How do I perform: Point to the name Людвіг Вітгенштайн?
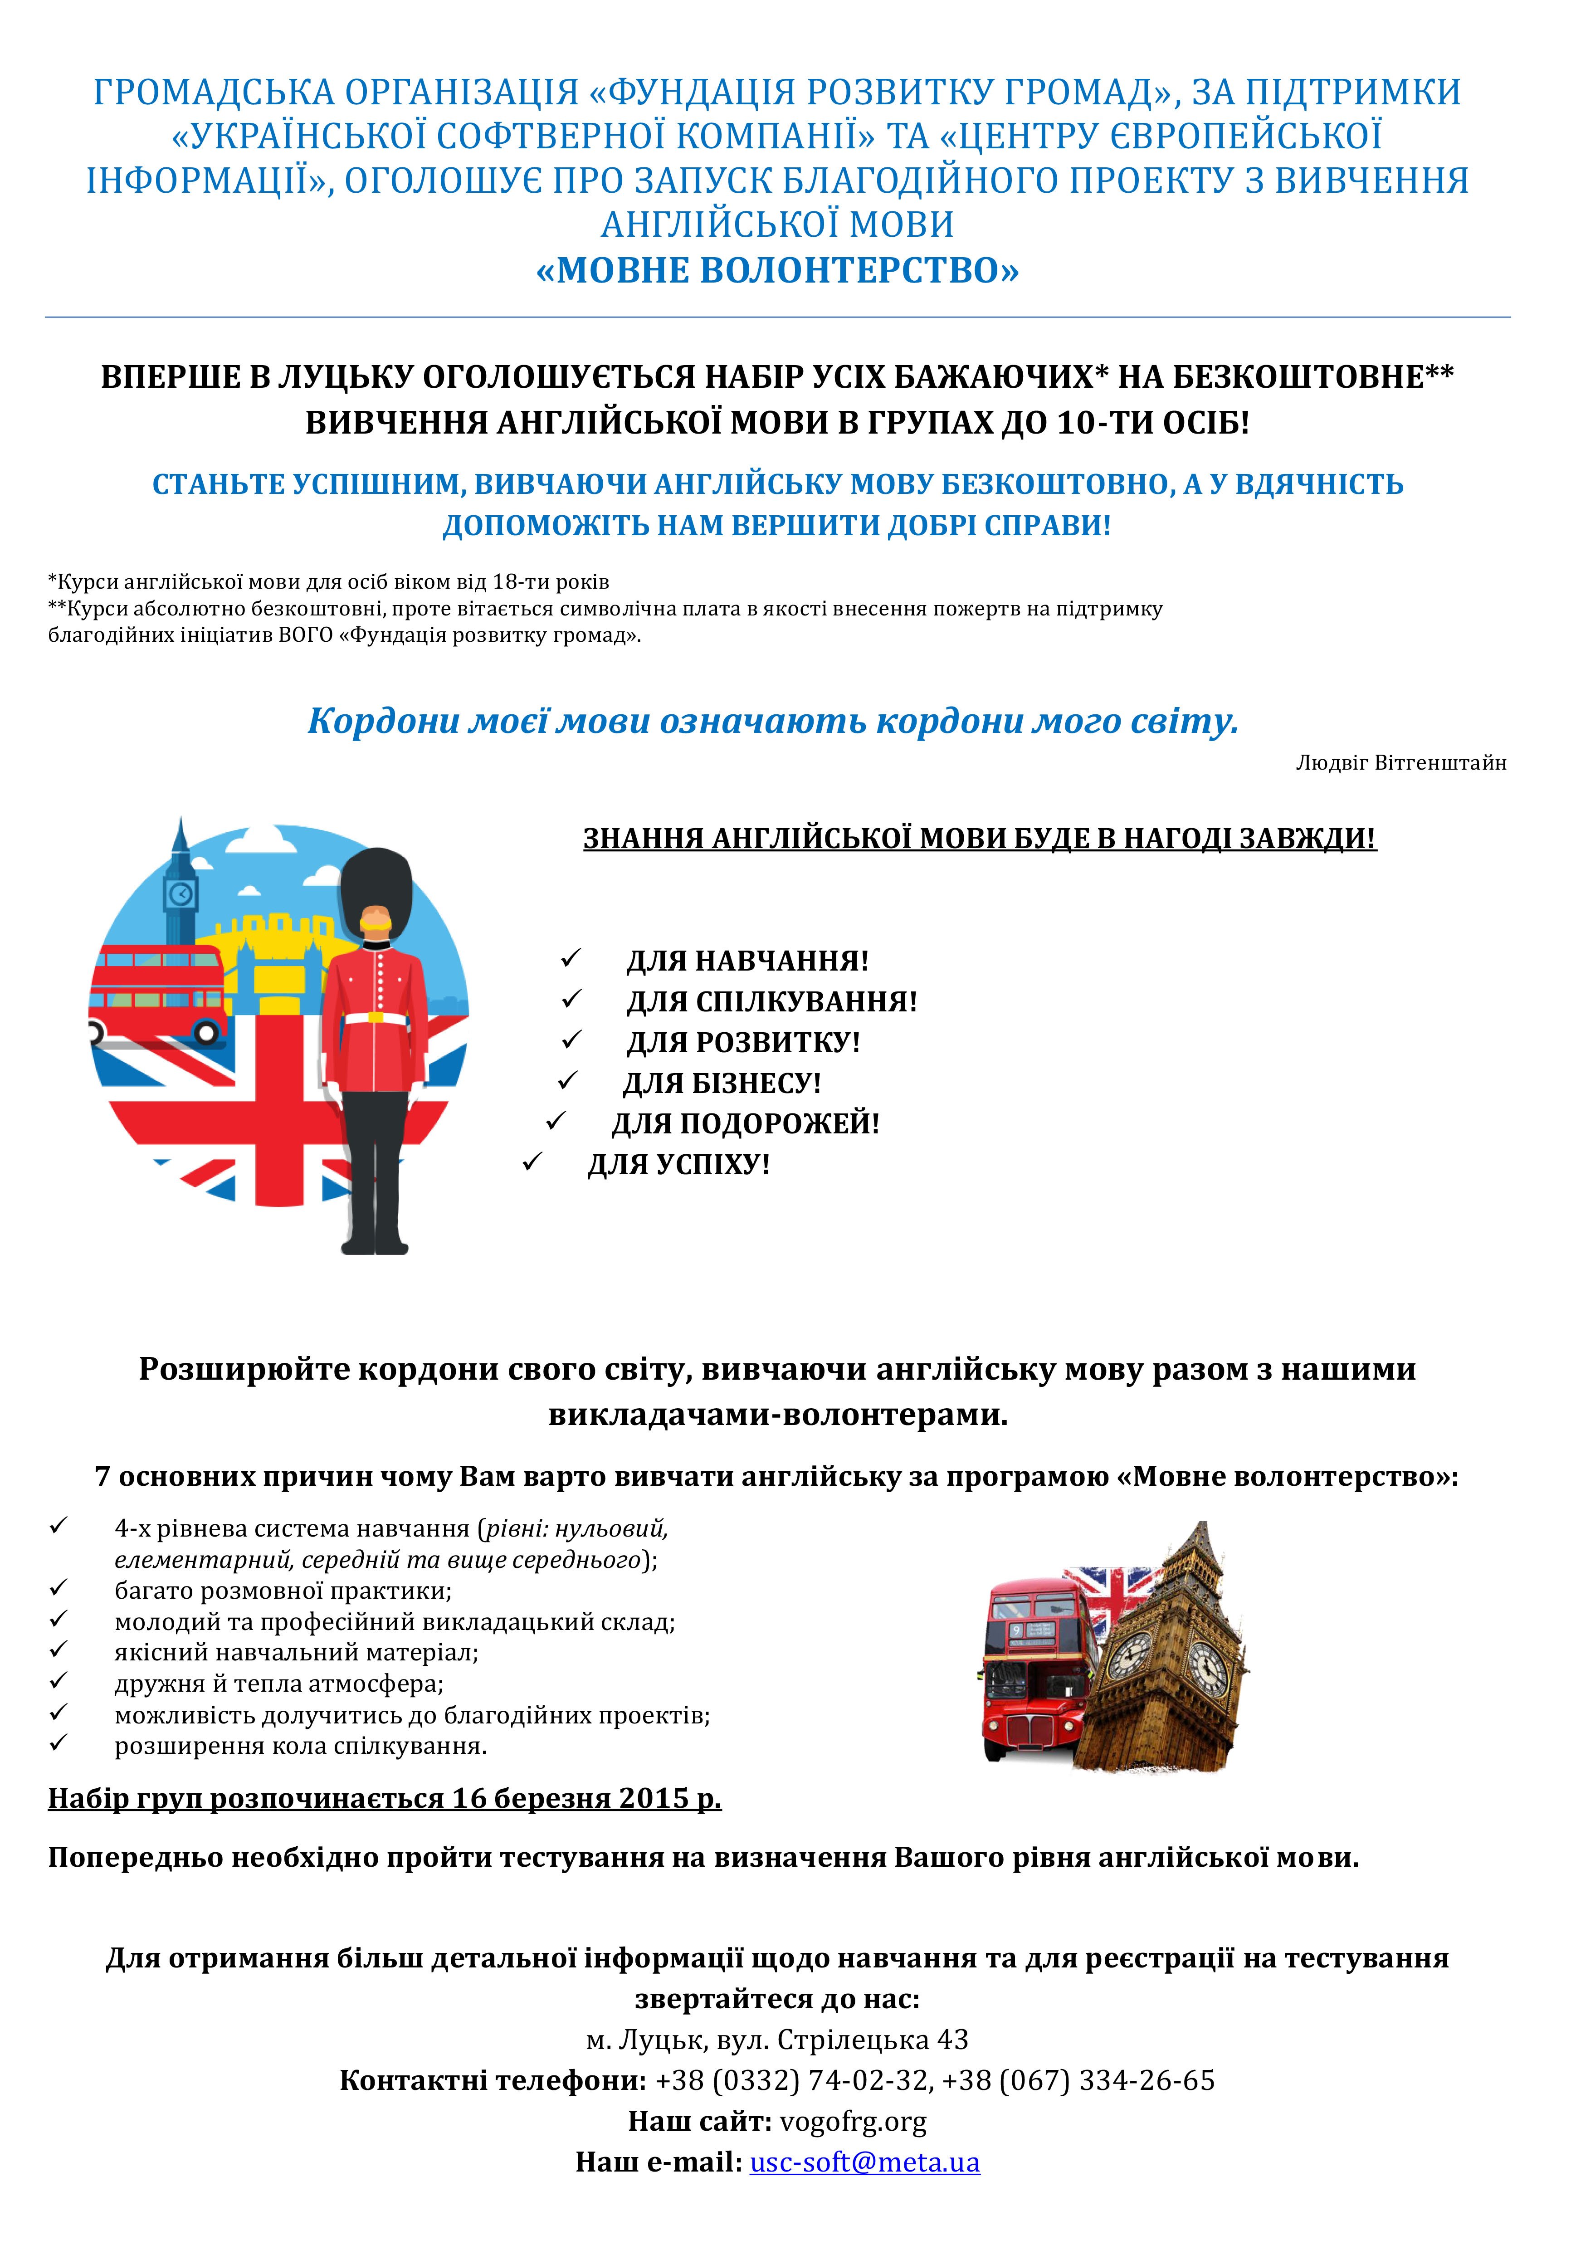coord(1400,763)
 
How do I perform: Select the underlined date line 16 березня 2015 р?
coord(384,1798)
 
